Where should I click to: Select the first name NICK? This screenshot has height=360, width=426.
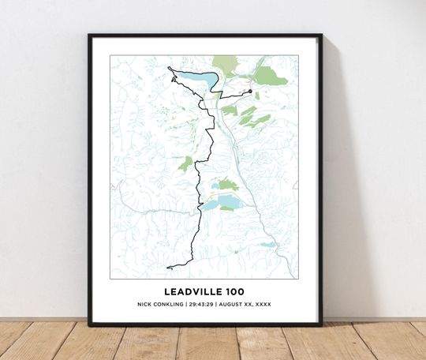click(148, 304)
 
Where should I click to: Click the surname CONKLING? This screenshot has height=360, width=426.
click(172, 304)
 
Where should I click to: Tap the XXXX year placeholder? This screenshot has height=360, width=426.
click(263, 304)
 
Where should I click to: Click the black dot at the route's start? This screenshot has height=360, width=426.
click(249, 92)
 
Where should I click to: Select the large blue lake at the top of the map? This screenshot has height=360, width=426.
click(194, 80)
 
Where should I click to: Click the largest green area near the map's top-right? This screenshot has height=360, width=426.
click(270, 76)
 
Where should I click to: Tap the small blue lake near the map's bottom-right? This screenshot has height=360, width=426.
click(267, 245)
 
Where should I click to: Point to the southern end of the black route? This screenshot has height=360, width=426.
click(167, 268)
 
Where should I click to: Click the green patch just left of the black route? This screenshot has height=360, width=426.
click(185, 164)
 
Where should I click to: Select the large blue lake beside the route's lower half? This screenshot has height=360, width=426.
click(215, 203)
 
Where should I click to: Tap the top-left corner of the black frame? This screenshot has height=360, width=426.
click(90, 36)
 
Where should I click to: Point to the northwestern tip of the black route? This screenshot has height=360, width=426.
click(169, 69)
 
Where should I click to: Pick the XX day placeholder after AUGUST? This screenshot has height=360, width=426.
click(249, 304)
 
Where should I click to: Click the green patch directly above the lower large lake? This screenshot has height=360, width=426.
click(227, 184)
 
